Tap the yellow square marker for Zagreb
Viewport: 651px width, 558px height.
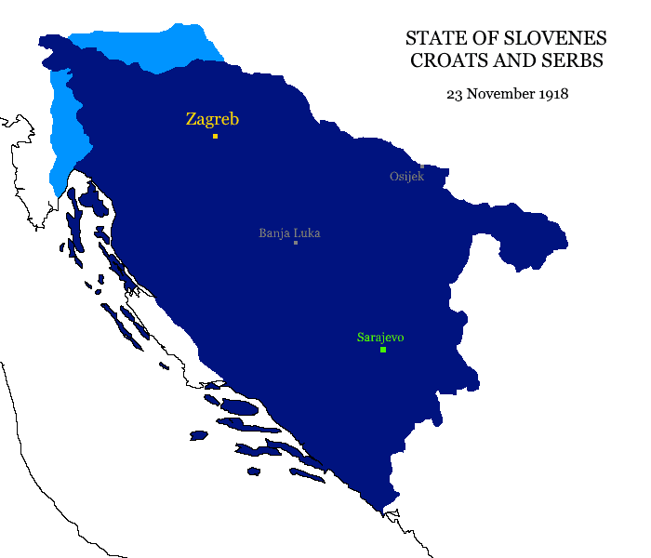(215, 136)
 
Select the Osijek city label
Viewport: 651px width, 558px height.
(406, 177)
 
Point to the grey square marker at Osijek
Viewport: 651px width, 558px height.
(421, 166)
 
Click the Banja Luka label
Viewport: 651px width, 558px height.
(289, 232)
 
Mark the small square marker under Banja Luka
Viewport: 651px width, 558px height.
(295, 243)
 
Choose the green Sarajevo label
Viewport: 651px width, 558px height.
(379, 337)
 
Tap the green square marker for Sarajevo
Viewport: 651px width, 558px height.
(383, 350)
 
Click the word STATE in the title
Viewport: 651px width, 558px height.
(432, 39)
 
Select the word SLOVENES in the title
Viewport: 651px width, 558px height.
(554, 39)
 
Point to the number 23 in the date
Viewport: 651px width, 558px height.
(454, 94)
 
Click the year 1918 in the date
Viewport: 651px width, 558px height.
(552, 94)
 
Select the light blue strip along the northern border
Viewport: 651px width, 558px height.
(149, 46)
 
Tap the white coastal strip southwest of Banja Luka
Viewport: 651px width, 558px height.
(167, 325)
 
